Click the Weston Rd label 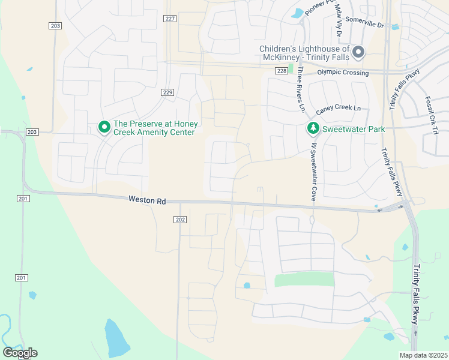pyautogui.click(x=146, y=200)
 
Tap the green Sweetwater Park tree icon pyautogui.click(x=313, y=128)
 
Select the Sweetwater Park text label pyautogui.click(x=353, y=128)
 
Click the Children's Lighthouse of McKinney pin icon pyautogui.click(x=358, y=52)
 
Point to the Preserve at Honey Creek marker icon pyautogui.click(x=104, y=127)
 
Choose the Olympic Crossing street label pyautogui.click(x=343, y=72)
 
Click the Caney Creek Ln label pyautogui.click(x=339, y=108)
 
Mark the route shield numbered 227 pyautogui.click(x=170, y=19)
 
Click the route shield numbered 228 pyautogui.click(x=282, y=71)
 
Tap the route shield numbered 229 pyautogui.click(x=167, y=92)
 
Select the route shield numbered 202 pyautogui.click(x=180, y=220)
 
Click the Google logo pyautogui.click(x=20, y=352)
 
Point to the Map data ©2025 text pyautogui.click(x=423, y=355)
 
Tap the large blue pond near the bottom pyautogui.click(x=116, y=338)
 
